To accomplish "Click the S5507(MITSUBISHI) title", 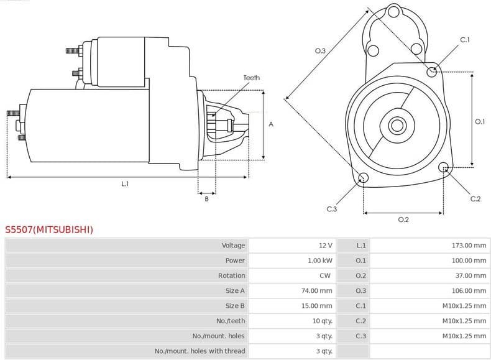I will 49,229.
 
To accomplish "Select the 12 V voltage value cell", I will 325,246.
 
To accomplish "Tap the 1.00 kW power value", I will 320,261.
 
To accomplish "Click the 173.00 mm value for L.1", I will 469,246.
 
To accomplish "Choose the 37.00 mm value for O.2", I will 470,275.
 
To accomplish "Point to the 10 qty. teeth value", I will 321,321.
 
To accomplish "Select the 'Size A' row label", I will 235,290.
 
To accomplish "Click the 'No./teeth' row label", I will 231,321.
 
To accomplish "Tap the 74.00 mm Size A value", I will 317,290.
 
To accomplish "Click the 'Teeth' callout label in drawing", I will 251,78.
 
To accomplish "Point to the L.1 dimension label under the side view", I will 125,183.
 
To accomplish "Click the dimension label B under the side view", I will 206,198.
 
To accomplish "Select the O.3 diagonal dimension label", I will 320,50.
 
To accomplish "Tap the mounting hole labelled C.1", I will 433,72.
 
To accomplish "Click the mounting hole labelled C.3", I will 364,179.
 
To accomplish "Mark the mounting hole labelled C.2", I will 444,168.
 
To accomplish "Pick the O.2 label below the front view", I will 403,219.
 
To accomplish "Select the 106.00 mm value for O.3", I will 469,290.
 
